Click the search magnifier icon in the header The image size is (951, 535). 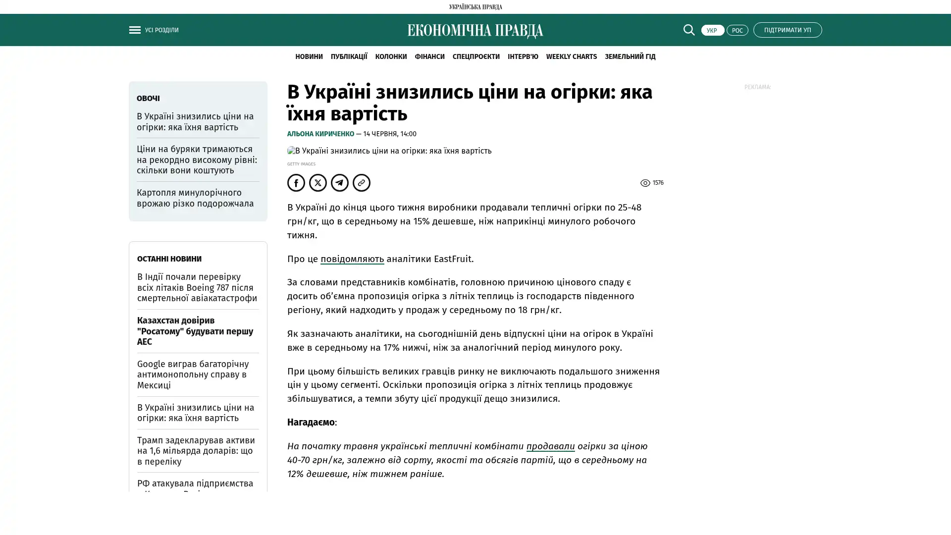688,30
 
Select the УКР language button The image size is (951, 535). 712,30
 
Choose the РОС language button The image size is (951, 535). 737,30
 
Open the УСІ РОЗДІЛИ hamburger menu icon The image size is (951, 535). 135,30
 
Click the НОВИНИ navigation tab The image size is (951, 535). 309,56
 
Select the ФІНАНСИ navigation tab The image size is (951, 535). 429,56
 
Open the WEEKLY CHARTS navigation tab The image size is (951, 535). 571,56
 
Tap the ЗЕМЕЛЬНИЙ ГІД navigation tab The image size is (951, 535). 630,56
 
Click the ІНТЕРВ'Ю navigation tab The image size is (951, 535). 523,56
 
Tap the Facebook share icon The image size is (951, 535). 296,183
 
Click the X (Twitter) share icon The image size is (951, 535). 318,183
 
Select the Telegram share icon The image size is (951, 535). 340,183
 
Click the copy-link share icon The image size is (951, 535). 362,183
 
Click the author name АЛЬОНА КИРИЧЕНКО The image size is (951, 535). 320,134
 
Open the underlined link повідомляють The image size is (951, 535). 352,259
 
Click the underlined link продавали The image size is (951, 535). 550,446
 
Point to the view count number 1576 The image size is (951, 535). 658,183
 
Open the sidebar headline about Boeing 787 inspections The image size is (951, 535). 197,287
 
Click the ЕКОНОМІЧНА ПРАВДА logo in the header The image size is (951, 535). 475,31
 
